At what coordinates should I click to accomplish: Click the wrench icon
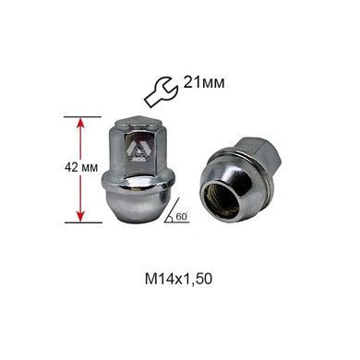point(160,91)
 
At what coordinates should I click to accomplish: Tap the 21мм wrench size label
point(204,82)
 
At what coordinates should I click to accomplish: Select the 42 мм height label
point(81,168)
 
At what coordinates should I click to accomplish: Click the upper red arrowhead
point(80,123)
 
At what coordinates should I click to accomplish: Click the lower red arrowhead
point(80,216)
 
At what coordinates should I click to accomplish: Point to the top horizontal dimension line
point(82,117)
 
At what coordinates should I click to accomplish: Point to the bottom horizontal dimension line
point(83,222)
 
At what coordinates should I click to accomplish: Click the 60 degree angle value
point(182,217)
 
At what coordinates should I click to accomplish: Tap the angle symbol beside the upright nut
point(176,210)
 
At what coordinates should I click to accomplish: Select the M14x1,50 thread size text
point(179,280)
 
